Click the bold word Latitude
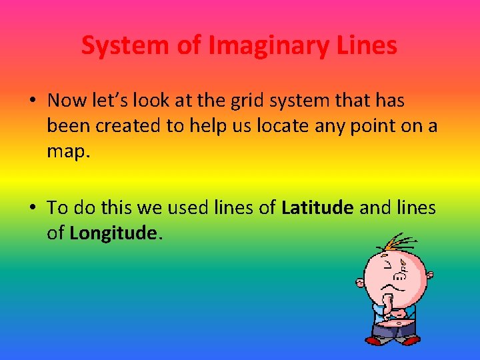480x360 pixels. pos(317,208)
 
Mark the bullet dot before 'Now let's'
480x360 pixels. pos(32,101)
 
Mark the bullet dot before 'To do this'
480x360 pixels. pos(32,208)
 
